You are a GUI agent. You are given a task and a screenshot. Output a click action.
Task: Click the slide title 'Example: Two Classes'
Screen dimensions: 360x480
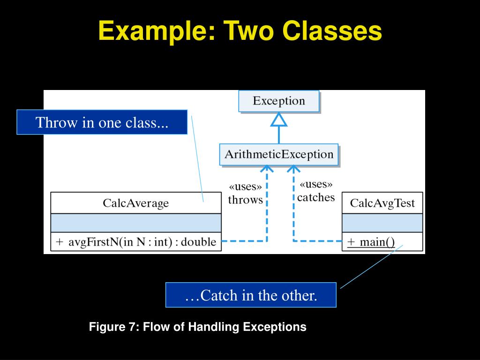pyautogui.click(x=240, y=31)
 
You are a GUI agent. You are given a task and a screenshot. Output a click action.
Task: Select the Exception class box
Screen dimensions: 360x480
pyautogui.click(x=279, y=101)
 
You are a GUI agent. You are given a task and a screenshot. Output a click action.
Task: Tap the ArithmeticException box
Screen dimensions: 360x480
pyautogui.click(x=279, y=154)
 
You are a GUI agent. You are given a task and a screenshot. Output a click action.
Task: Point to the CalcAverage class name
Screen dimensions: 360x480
pyautogui.click(x=135, y=203)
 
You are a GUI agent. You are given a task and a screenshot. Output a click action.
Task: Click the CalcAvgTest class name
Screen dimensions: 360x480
pyautogui.click(x=382, y=203)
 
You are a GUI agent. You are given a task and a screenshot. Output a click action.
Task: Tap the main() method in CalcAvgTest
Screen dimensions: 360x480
pyautogui.click(x=371, y=242)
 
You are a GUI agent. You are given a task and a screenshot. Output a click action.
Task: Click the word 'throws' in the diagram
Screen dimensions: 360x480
pyautogui.click(x=245, y=200)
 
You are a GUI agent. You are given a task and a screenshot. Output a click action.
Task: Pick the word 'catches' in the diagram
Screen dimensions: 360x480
pyautogui.click(x=316, y=197)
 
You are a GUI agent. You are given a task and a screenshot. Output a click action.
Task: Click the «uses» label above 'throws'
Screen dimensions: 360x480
pyautogui.click(x=245, y=187)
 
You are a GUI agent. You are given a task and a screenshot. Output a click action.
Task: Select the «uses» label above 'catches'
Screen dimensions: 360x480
pyautogui.click(x=316, y=184)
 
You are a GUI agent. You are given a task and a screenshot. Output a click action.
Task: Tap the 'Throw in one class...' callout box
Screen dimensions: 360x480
pyautogui.click(x=102, y=122)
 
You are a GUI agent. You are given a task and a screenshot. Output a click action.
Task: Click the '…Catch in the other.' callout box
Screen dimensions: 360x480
pyautogui.click(x=251, y=295)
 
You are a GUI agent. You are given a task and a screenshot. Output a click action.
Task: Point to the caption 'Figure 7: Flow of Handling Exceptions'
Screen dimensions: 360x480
pyautogui.click(x=197, y=327)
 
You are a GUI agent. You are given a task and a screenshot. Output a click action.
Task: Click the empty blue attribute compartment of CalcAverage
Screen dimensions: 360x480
pyautogui.click(x=135, y=223)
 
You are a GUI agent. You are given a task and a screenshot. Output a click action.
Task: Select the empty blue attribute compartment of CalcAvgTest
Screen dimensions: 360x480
pyautogui.click(x=382, y=223)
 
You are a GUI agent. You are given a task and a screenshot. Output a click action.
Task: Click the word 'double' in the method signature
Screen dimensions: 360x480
pyautogui.click(x=198, y=242)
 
